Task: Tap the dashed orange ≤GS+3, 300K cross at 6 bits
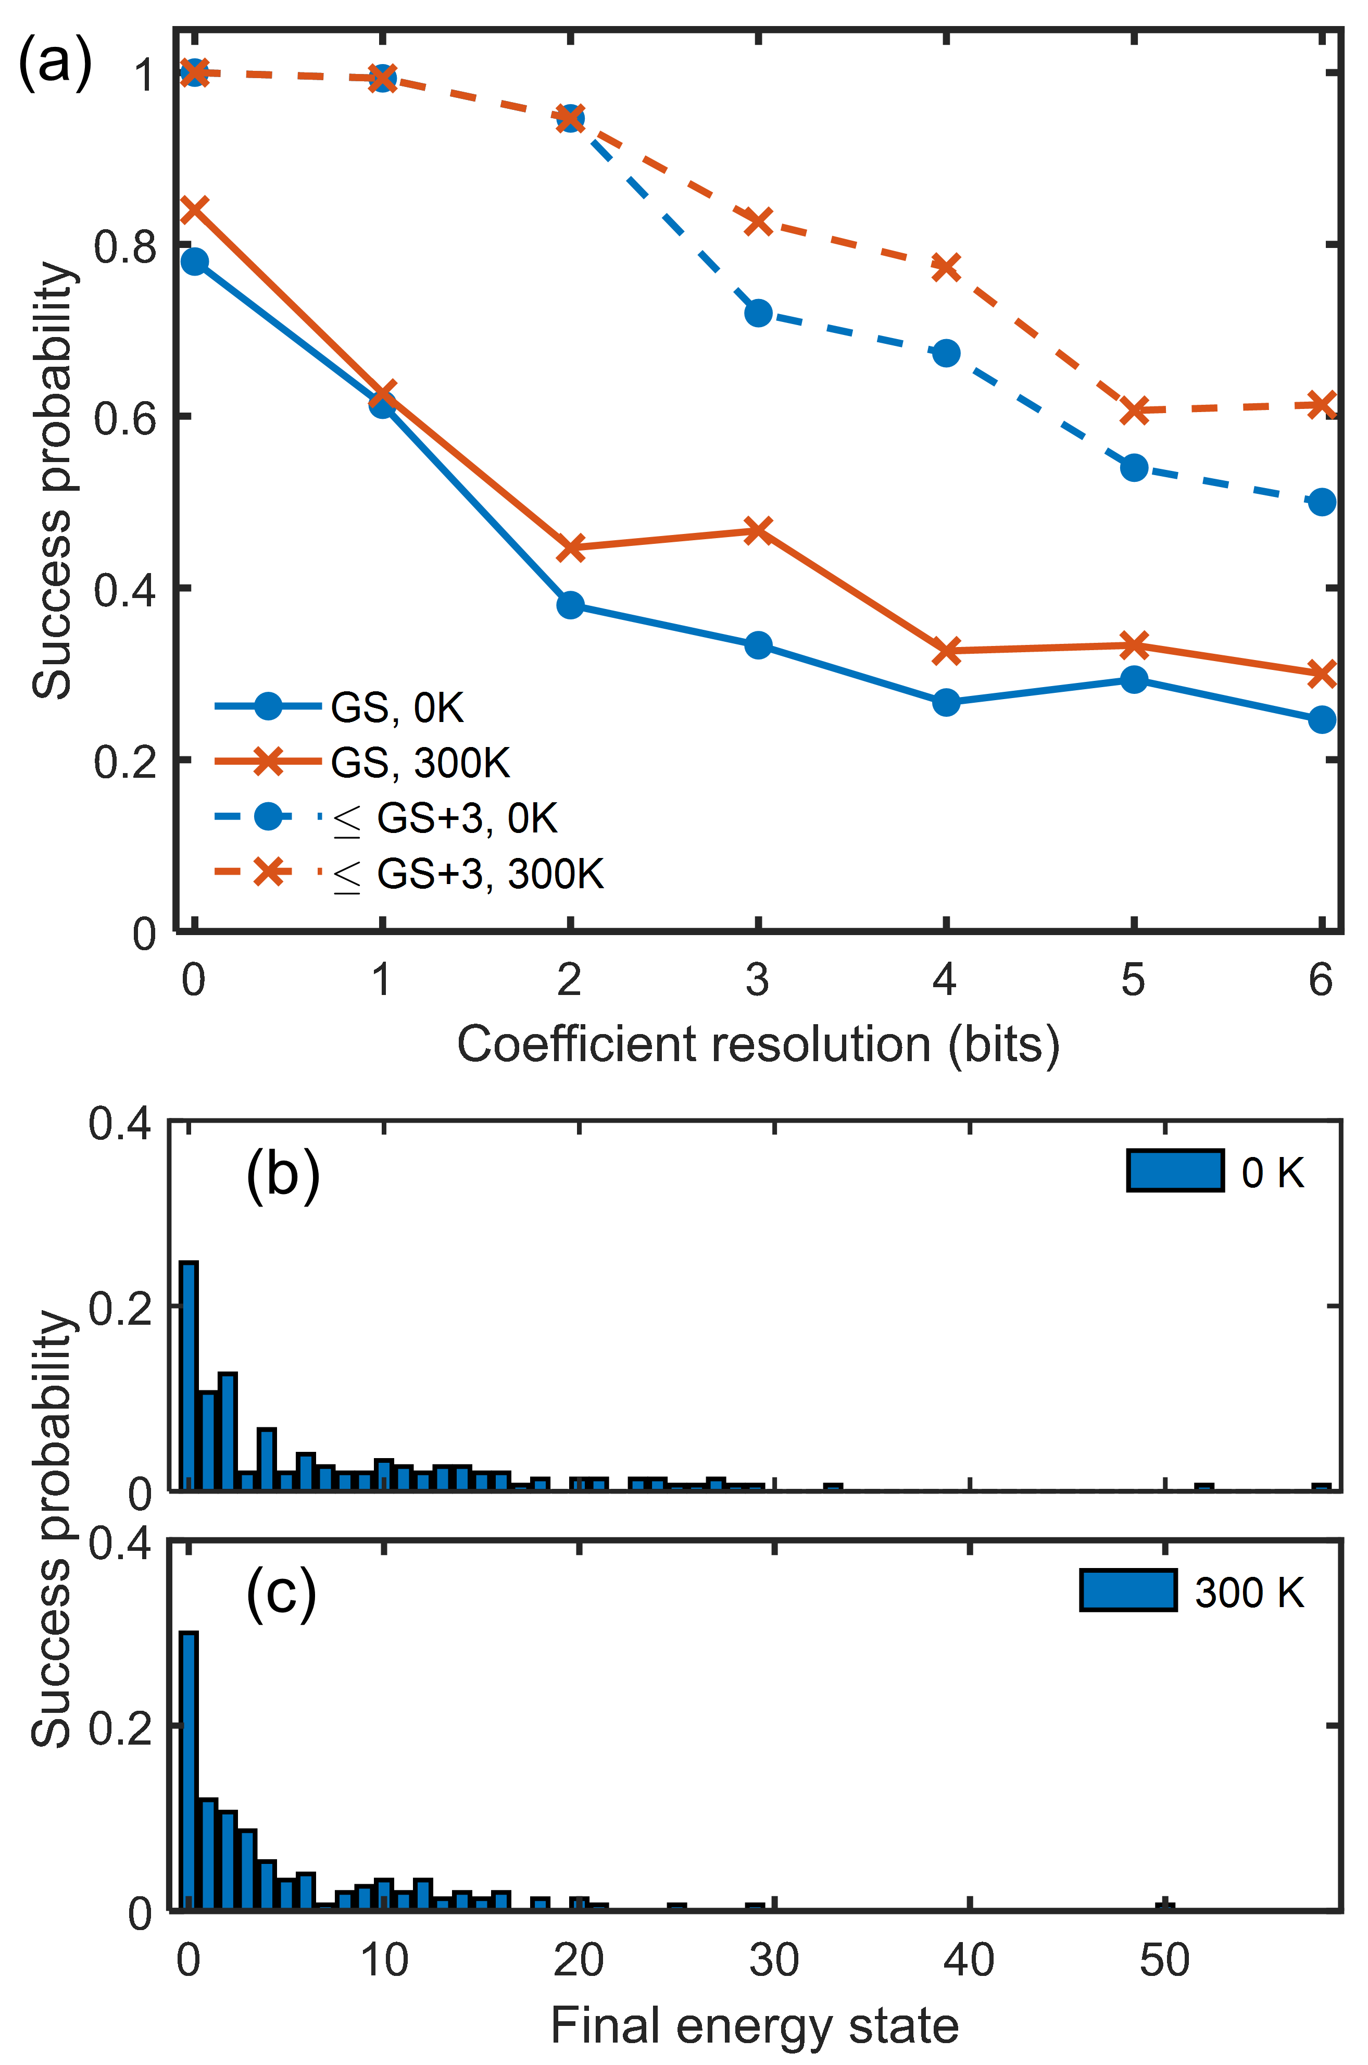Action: coord(1322,405)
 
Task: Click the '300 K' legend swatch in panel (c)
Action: coord(1127,1590)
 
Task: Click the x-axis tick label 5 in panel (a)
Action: coord(1133,980)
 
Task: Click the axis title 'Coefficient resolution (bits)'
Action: coord(757,1044)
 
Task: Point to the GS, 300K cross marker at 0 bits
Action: coord(195,209)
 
